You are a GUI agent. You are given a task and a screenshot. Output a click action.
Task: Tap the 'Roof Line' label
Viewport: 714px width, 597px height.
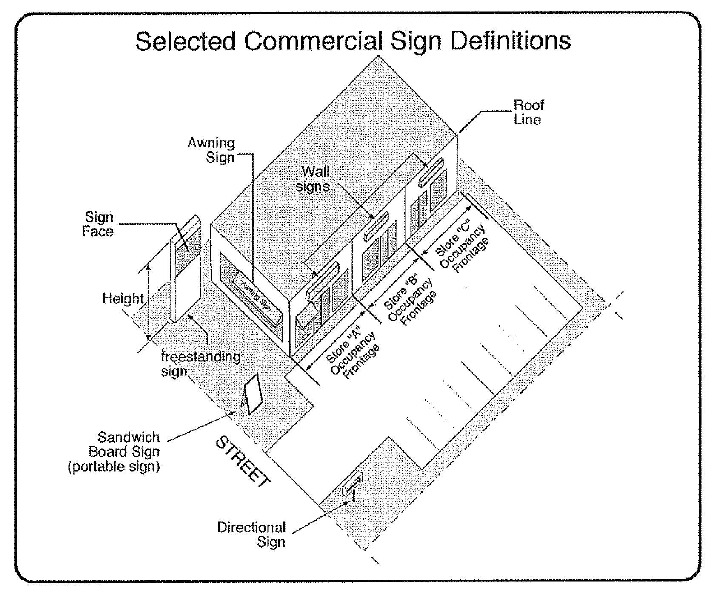(x=528, y=112)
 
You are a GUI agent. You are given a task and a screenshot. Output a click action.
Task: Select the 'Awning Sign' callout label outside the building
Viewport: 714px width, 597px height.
(x=211, y=150)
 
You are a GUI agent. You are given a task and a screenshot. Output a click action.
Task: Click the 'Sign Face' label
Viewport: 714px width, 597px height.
(x=99, y=224)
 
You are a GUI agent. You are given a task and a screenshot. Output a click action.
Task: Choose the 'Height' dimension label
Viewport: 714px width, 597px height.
(x=123, y=299)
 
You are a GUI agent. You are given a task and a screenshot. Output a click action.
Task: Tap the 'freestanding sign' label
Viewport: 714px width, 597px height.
(x=200, y=363)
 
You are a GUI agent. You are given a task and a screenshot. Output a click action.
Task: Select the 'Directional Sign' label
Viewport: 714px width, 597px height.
(x=252, y=534)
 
